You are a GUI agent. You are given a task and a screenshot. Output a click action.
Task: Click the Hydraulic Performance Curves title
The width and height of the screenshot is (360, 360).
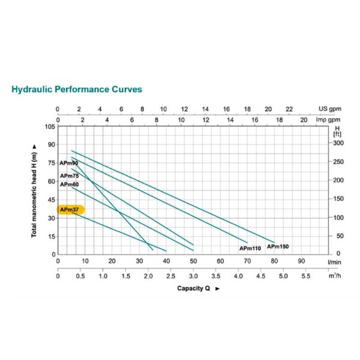(77, 89)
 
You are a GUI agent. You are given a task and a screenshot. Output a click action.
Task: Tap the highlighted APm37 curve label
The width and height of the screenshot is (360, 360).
(70, 209)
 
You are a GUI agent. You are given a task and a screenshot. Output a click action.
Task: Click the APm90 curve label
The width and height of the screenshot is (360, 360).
(69, 163)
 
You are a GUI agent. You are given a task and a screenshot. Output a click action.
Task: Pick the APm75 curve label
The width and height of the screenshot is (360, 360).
(69, 175)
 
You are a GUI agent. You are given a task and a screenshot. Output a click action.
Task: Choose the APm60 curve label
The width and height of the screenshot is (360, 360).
(69, 184)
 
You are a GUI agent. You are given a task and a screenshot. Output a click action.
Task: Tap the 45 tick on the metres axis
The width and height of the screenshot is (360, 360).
(50, 199)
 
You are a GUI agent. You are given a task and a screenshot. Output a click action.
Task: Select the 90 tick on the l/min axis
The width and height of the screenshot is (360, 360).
(301, 261)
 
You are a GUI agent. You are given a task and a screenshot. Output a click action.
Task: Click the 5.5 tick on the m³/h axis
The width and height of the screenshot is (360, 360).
(306, 277)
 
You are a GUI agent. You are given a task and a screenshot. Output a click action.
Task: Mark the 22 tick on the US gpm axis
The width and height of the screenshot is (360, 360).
(289, 109)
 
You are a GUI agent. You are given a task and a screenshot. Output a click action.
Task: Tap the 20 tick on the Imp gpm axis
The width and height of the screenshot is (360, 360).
(304, 119)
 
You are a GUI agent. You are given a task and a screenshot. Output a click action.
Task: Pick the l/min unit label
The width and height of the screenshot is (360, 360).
(334, 262)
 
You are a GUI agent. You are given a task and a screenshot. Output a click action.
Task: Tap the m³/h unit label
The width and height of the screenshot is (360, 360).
(334, 277)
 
